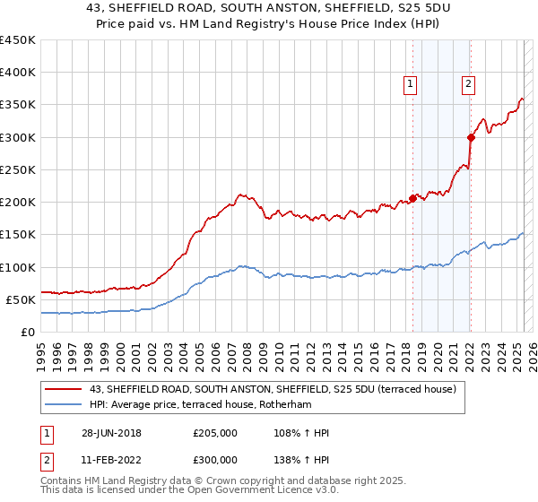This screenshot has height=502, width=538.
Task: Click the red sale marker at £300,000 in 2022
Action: click(471, 137)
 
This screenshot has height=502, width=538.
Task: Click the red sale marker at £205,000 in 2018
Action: click(412, 199)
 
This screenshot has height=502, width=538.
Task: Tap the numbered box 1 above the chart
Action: click(410, 84)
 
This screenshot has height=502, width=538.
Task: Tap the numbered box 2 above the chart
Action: click(468, 84)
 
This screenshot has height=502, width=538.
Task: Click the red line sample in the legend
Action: click(63, 389)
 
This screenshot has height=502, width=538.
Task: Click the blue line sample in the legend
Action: click(63, 404)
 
